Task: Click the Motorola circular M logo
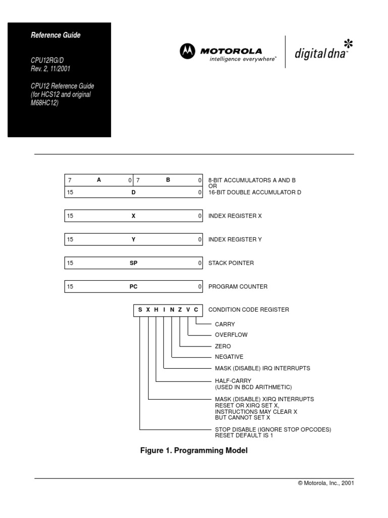point(187,51)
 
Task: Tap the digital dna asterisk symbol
point(348,43)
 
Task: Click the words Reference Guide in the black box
point(56,35)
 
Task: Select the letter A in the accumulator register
point(100,180)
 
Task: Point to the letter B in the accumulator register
point(168,180)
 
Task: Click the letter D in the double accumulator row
point(134,192)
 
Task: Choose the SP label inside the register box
point(133,263)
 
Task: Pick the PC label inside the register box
point(133,286)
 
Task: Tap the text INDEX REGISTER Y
point(235,239)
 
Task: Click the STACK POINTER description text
point(231,263)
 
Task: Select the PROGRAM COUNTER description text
point(237,286)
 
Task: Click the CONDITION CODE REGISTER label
point(249,310)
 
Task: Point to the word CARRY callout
point(225,324)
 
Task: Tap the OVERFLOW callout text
point(231,335)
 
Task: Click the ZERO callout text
point(223,346)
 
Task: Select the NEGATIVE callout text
point(229,357)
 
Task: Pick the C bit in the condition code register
point(196,310)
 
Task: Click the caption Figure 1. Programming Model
point(193,450)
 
